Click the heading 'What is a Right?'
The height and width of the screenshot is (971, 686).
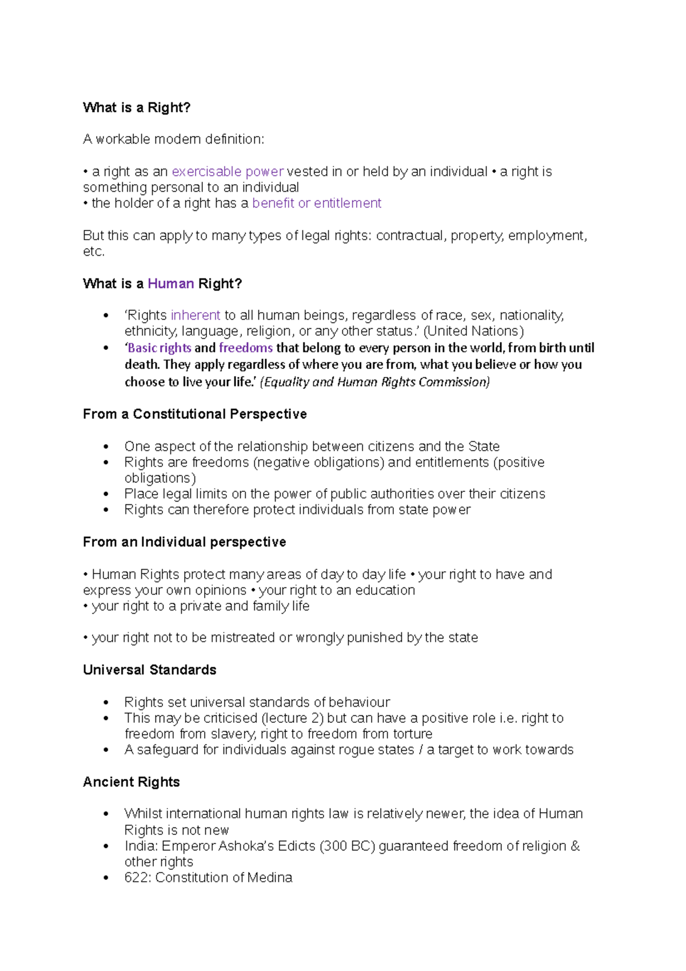click(x=136, y=108)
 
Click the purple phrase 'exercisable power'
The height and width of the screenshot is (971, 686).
click(x=228, y=172)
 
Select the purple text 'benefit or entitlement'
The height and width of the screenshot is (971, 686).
click(x=317, y=203)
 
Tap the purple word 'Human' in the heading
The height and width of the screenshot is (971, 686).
click(x=170, y=284)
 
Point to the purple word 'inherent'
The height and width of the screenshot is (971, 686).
click(x=195, y=315)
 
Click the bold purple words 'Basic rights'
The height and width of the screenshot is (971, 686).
click(x=159, y=348)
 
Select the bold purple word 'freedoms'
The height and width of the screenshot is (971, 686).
click(x=246, y=348)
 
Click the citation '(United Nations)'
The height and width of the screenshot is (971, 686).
click(x=473, y=331)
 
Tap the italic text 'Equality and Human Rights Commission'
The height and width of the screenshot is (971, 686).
click(x=375, y=382)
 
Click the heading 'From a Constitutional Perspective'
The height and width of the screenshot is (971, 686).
click(x=194, y=414)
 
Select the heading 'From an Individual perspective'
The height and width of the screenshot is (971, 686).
click(x=184, y=542)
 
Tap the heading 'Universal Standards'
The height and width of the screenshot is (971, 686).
click(x=149, y=670)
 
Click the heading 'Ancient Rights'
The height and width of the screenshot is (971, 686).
click(x=131, y=782)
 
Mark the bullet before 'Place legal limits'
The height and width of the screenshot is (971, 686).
click(x=106, y=494)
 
